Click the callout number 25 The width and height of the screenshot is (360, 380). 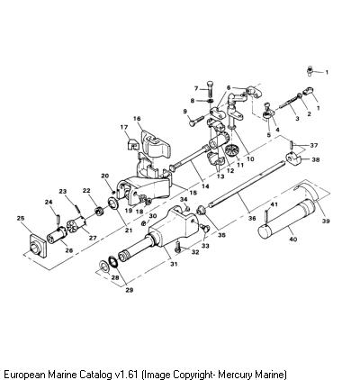point(21,218)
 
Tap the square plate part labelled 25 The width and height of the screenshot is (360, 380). point(38,246)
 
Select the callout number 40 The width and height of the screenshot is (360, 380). point(293,240)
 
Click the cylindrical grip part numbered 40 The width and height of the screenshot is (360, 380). point(287,219)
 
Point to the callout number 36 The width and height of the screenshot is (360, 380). point(252,218)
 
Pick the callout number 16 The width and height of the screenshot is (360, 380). point(137,119)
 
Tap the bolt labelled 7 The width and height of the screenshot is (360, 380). point(210,88)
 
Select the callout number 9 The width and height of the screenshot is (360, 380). point(185,112)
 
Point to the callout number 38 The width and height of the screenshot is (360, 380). point(315,159)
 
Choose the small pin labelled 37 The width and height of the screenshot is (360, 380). point(292,144)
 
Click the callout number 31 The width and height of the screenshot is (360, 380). point(174,264)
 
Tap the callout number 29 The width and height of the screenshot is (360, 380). point(130,290)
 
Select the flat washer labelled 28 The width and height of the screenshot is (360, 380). point(104,266)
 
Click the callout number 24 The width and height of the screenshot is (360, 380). point(49,203)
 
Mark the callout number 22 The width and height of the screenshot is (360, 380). point(86,191)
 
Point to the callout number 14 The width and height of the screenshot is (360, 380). point(205,186)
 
